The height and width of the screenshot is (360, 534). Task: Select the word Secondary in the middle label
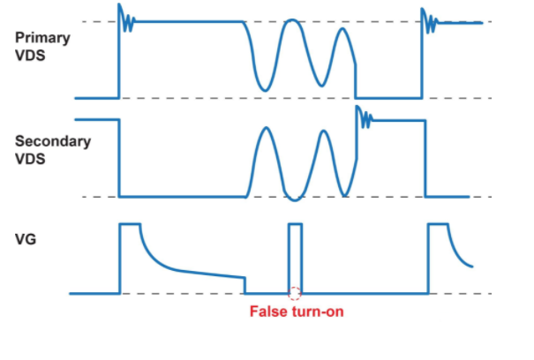52,141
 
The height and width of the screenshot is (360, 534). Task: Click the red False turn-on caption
292,311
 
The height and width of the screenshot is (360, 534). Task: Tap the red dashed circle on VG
295,293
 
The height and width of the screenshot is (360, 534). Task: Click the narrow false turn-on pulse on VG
295,256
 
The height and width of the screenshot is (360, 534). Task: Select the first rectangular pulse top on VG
131,225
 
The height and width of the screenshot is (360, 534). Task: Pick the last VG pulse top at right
439,225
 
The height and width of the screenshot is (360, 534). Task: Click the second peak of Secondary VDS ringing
325,132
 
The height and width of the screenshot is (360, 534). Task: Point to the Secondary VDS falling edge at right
425,159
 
